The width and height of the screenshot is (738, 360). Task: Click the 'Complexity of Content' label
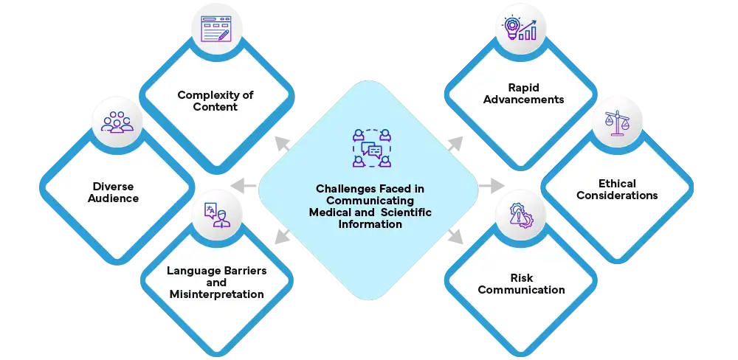pyautogui.click(x=216, y=101)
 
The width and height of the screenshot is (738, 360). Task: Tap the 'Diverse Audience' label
pyautogui.click(x=115, y=192)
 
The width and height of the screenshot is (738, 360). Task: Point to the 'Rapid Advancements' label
pyautogui.click(x=523, y=94)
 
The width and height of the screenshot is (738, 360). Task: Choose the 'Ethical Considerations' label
pyautogui.click(x=617, y=190)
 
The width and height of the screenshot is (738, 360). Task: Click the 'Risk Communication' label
pyautogui.click(x=521, y=283)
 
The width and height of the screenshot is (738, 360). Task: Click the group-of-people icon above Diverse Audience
pyautogui.click(x=117, y=122)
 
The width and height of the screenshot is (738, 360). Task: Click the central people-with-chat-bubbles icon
pyautogui.click(x=370, y=148)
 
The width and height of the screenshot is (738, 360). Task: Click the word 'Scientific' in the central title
pyautogui.click(x=406, y=212)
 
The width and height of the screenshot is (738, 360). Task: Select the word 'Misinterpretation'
pyautogui.click(x=216, y=294)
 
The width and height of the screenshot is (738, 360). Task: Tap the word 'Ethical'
pyautogui.click(x=617, y=184)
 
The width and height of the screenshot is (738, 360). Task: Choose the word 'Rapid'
pyautogui.click(x=523, y=88)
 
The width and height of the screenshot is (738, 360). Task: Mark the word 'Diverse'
pyautogui.click(x=115, y=186)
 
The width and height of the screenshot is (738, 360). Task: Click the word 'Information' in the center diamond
pyautogui.click(x=370, y=224)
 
